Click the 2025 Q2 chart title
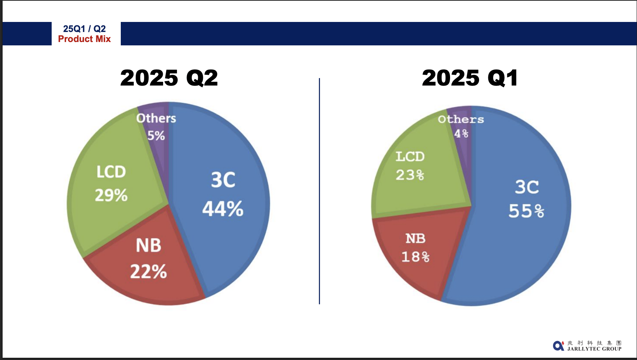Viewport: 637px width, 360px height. (x=169, y=78)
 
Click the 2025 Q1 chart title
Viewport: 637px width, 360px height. (x=470, y=78)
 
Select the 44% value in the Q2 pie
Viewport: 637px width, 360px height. (x=223, y=209)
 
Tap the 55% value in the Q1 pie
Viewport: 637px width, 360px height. (x=526, y=211)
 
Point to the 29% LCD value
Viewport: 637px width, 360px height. (x=111, y=195)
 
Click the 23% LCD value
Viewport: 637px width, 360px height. (x=410, y=175)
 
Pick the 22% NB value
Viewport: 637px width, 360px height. (x=149, y=271)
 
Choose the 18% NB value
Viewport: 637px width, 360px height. (x=415, y=257)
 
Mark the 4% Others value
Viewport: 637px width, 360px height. (x=461, y=133)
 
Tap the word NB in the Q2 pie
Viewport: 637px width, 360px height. (x=149, y=245)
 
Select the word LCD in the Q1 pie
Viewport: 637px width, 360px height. (x=410, y=157)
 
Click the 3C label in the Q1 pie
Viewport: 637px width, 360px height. (x=527, y=187)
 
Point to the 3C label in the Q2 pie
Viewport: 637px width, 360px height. (x=223, y=180)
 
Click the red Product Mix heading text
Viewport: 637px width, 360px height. (x=84, y=39)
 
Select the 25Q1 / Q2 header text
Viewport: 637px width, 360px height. (x=84, y=29)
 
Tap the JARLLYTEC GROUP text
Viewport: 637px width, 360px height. (x=594, y=349)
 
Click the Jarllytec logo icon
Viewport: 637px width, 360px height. (x=558, y=345)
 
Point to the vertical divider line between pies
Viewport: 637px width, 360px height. (x=319, y=191)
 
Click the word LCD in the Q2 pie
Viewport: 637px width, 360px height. (x=111, y=172)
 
